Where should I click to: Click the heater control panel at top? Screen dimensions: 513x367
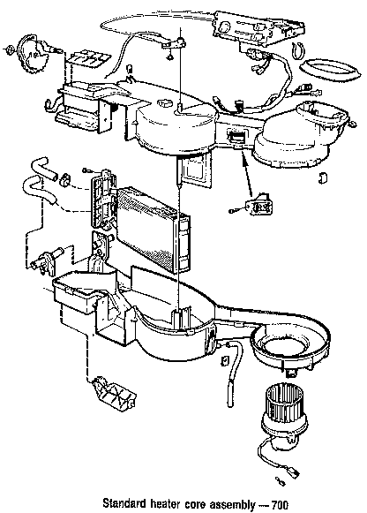(x=251, y=32)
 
